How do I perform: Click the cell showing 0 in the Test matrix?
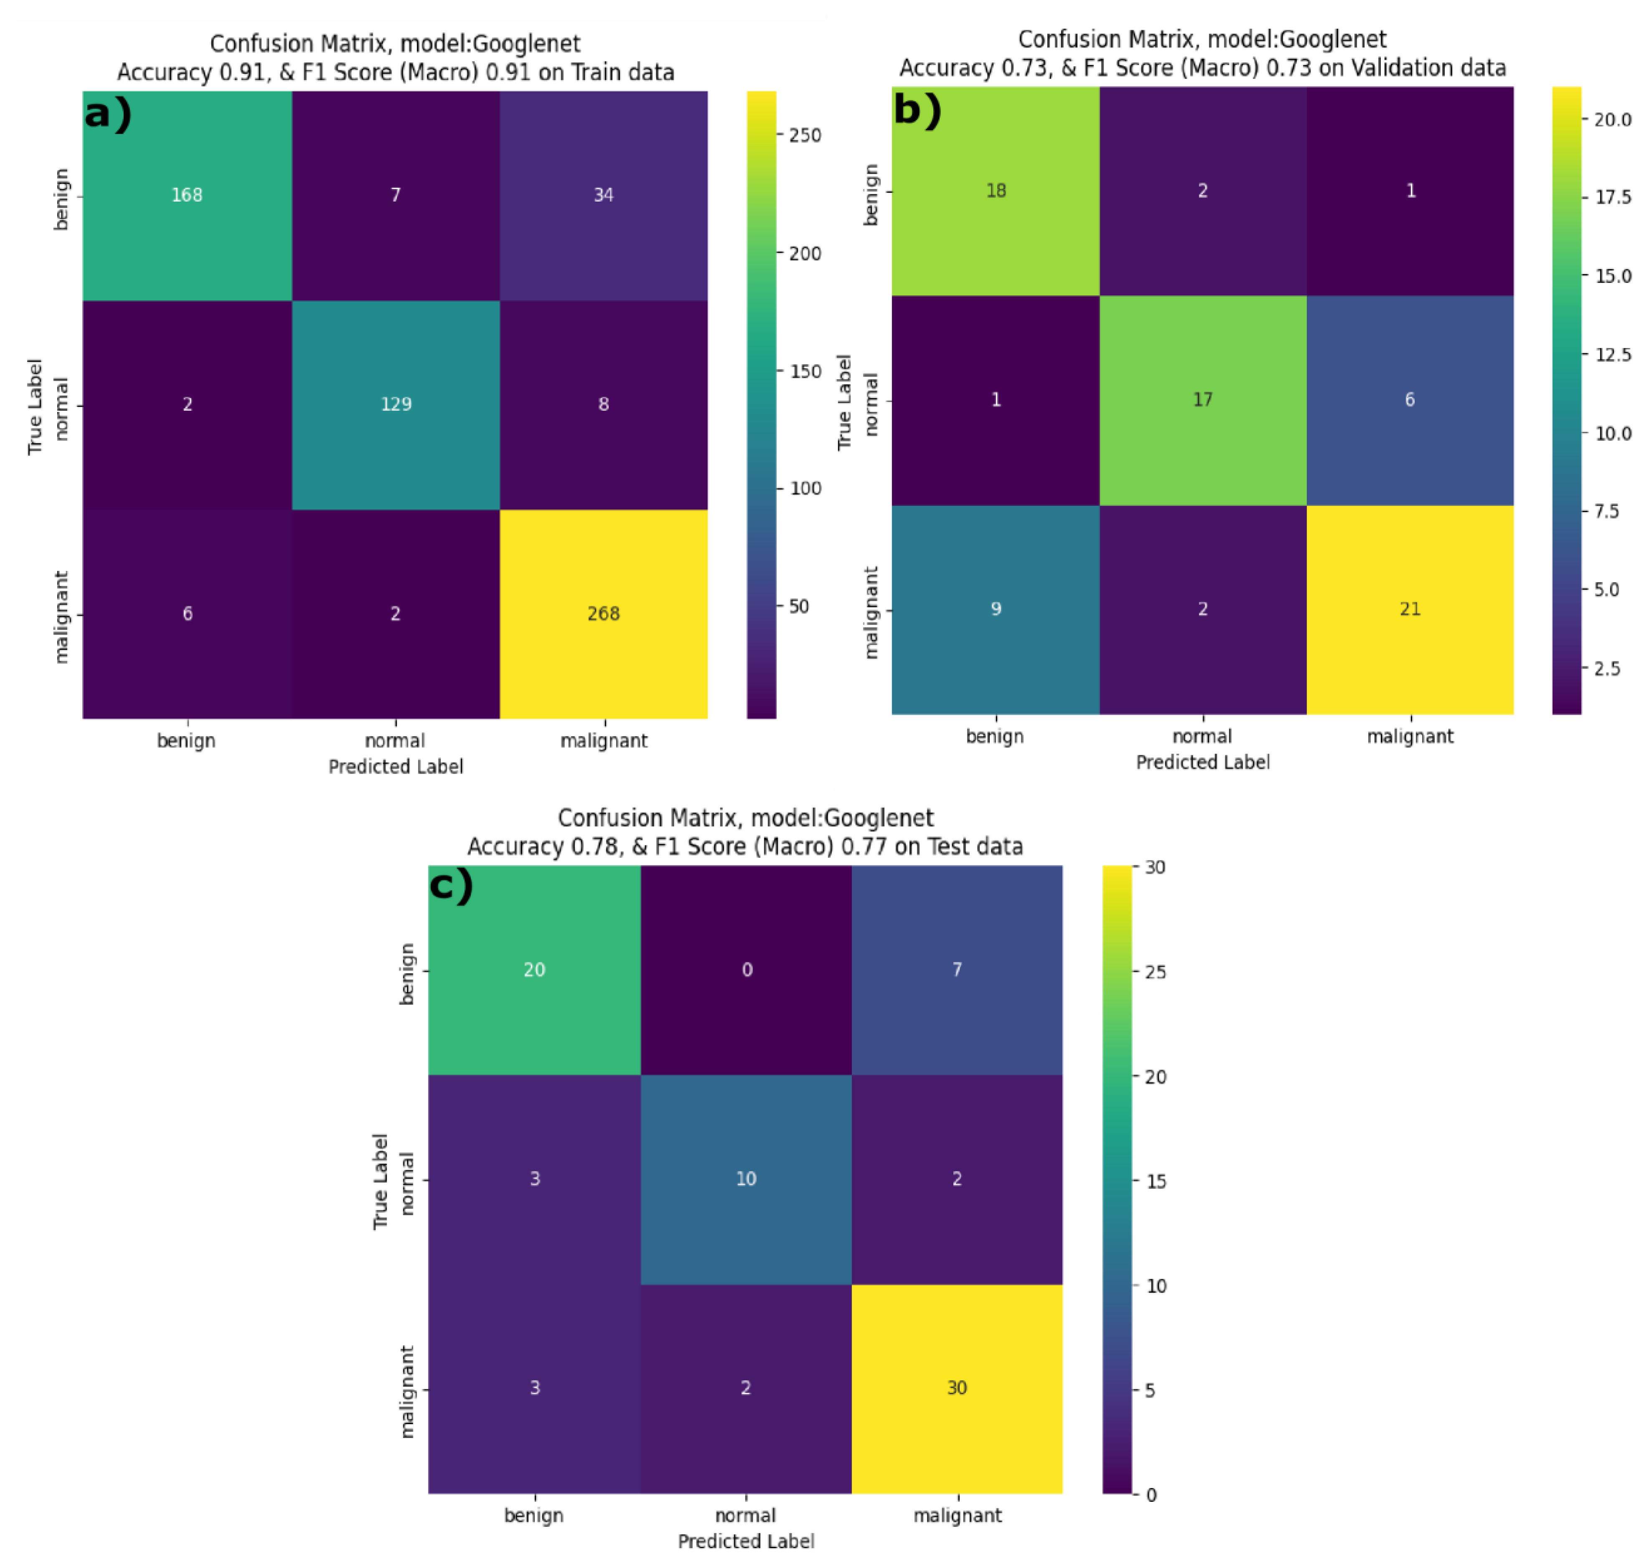pyautogui.click(x=746, y=969)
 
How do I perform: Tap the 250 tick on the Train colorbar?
pyautogui.click(x=805, y=135)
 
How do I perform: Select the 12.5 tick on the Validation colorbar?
pyautogui.click(x=1612, y=354)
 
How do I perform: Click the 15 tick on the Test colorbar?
pyautogui.click(x=1155, y=1181)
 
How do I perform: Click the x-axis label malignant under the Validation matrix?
pyautogui.click(x=1409, y=736)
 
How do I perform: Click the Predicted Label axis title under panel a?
pyautogui.click(x=395, y=766)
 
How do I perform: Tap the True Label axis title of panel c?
pyautogui.click(x=380, y=1181)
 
